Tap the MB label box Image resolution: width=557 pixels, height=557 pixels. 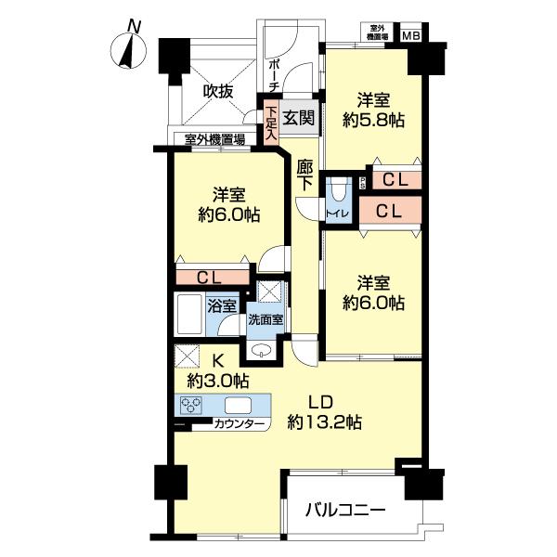pyautogui.click(x=409, y=35)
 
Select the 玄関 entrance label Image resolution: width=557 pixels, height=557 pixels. pyautogui.click(x=299, y=117)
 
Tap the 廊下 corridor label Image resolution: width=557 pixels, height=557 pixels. pyautogui.click(x=305, y=174)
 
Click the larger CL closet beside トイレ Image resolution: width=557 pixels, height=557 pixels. pyautogui.click(x=389, y=211)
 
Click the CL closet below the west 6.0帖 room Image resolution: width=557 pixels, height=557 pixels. pyautogui.click(x=213, y=277)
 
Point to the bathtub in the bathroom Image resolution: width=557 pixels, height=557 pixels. pyautogui.click(x=189, y=317)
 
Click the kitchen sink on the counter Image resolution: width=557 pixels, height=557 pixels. pyautogui.click(x=236, y=404)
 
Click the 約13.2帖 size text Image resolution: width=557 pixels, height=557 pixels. pyautogui.click(x=324, y=421)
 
